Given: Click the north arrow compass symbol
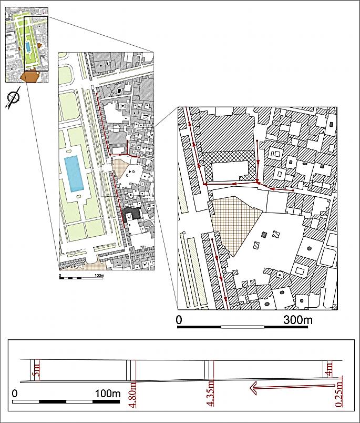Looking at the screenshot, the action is [13, 98].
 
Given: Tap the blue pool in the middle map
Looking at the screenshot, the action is [74, 174].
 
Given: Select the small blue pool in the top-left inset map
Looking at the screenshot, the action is [28, 47].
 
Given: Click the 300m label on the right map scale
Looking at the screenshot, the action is [298, 320].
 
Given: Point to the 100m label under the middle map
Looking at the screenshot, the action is [99, 276].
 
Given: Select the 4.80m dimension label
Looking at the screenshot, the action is [133, 395].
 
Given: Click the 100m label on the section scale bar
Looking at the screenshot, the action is [108, 394].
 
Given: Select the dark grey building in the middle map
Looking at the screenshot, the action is [132, 214].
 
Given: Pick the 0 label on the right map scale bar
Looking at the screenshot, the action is [179, 320].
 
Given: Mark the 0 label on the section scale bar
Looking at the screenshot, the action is [15, 394].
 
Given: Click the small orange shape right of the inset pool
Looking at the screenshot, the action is [39, 46].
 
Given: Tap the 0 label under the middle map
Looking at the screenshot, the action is [60, 276].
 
